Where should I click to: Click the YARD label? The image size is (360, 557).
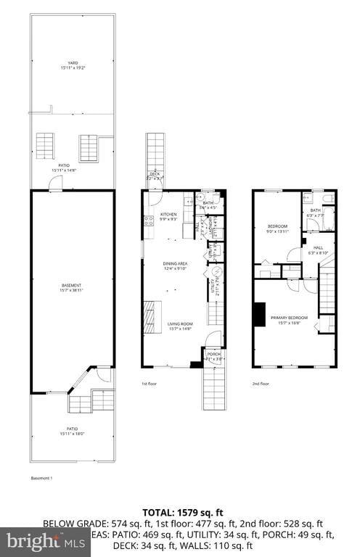(73, 63)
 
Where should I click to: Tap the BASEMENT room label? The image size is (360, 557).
(71, 285)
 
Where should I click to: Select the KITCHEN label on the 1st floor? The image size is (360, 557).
(168, 214)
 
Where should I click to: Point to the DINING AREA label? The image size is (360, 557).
(174, 263)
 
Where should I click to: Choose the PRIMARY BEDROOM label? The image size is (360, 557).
(290, 318)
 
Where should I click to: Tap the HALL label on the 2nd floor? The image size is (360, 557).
(319, 247)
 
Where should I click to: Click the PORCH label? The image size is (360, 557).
(213, 354)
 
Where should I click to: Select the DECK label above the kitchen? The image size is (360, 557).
(155, 174)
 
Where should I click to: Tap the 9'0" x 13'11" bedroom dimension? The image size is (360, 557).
(277, 231)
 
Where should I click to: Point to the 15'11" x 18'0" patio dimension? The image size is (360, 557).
(71, 434)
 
